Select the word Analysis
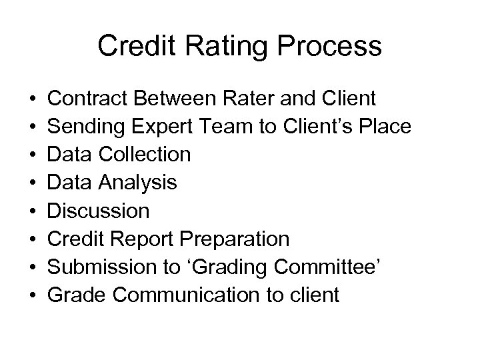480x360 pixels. [x=137, y=183]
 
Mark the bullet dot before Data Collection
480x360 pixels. [x=33, y=155]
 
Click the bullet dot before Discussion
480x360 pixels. [x=33, y=211]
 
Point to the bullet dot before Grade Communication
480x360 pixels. [x=33, y=295]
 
